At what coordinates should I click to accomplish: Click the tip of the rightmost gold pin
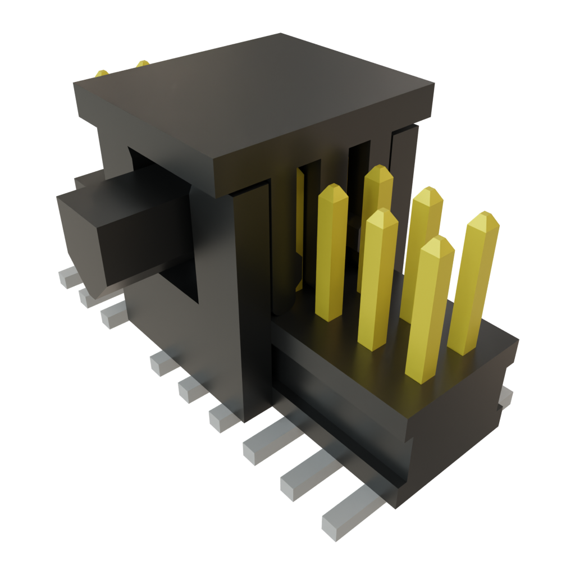point(483,220)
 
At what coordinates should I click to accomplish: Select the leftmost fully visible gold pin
point(331,253)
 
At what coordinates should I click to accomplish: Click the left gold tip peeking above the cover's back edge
point(102,74)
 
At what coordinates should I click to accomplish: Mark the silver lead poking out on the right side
point(506,396)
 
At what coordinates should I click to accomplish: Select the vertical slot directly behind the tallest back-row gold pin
point(359,168)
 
